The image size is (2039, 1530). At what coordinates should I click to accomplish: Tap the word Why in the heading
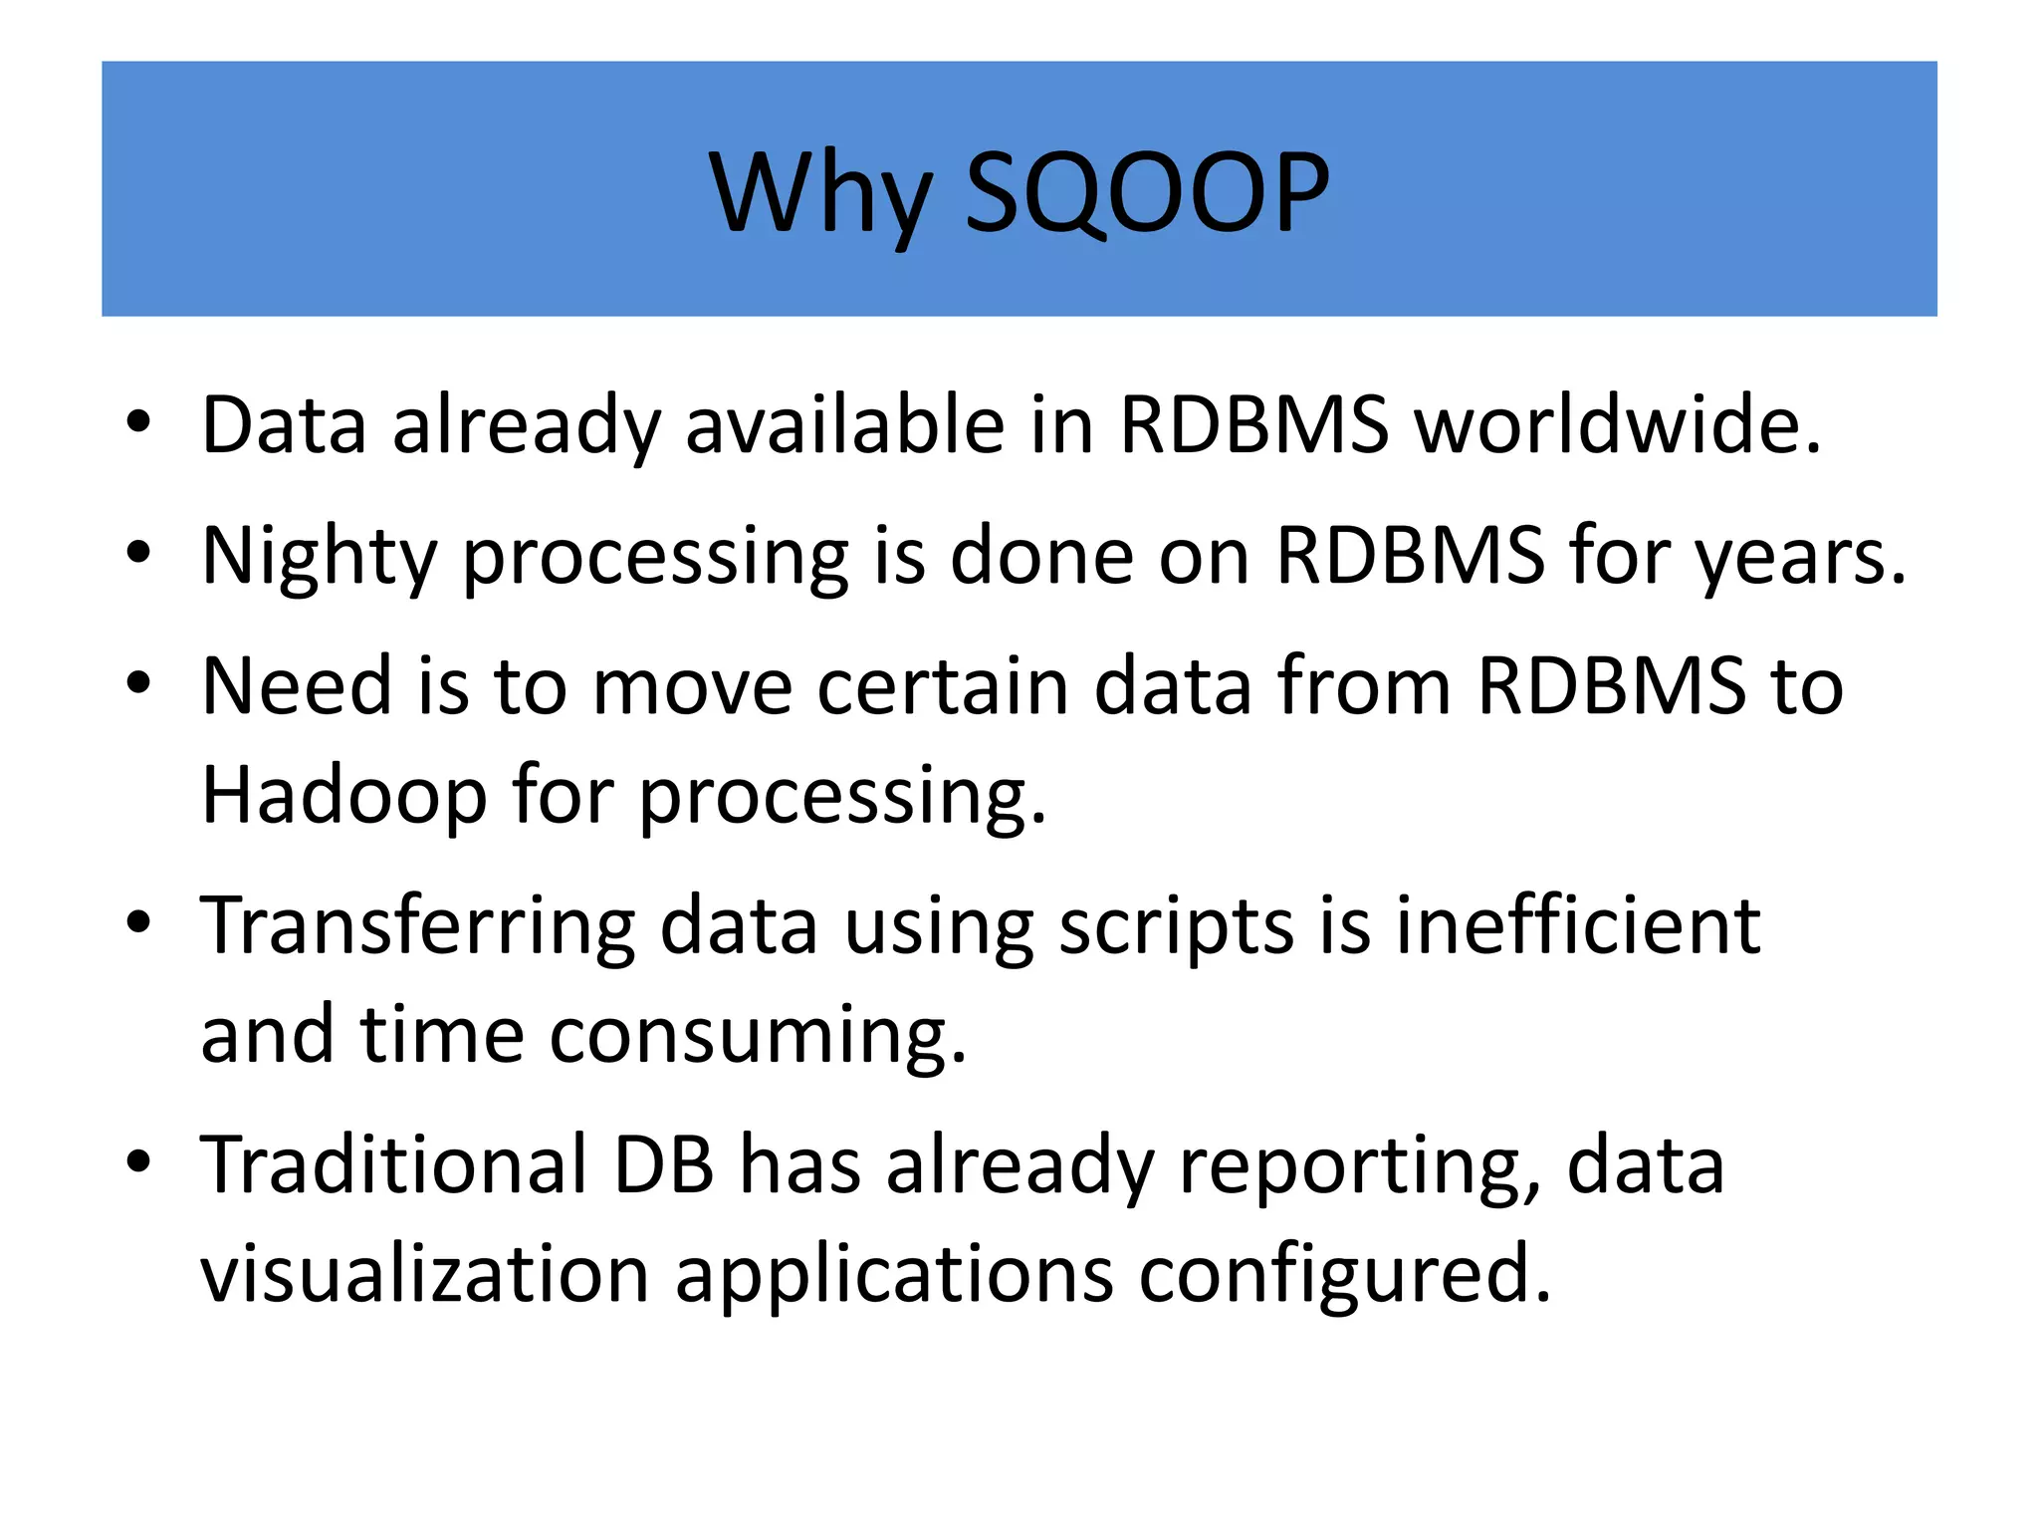coord(822,194)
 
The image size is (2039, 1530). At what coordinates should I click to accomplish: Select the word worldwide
coord(1618,425)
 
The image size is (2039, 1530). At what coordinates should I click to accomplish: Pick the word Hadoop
coord(343,796)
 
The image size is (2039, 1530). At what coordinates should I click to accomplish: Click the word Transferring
coord(417,926)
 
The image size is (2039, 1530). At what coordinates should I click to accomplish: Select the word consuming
coord(758,1036)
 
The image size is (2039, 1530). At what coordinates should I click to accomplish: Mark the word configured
coord(1344,1276)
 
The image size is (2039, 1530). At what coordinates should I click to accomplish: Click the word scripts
coord(1176,926)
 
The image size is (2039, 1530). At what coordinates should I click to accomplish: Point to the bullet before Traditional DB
coord(138,1161)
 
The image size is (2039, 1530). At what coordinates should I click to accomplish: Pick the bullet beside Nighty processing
coord(138,552)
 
